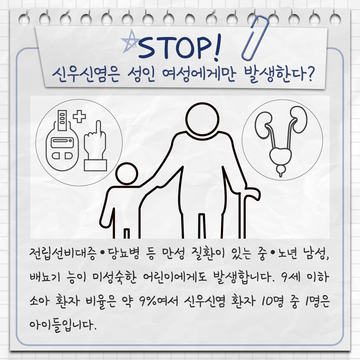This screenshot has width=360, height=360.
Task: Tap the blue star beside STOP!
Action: (x=131, y=42)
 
